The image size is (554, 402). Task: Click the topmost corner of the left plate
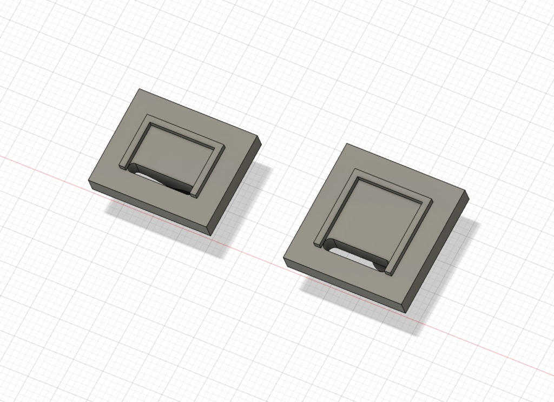pyautogui.click(x=140, y=89)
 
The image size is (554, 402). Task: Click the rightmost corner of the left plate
pyautogui.click(x=261, y=143)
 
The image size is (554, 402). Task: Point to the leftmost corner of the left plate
pyautogui.click(x=89, y=183)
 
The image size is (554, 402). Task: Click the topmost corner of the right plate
pyautogui.click(x=346, y=144)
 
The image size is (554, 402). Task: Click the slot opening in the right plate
pyautogui.click(x=354, y=255)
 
